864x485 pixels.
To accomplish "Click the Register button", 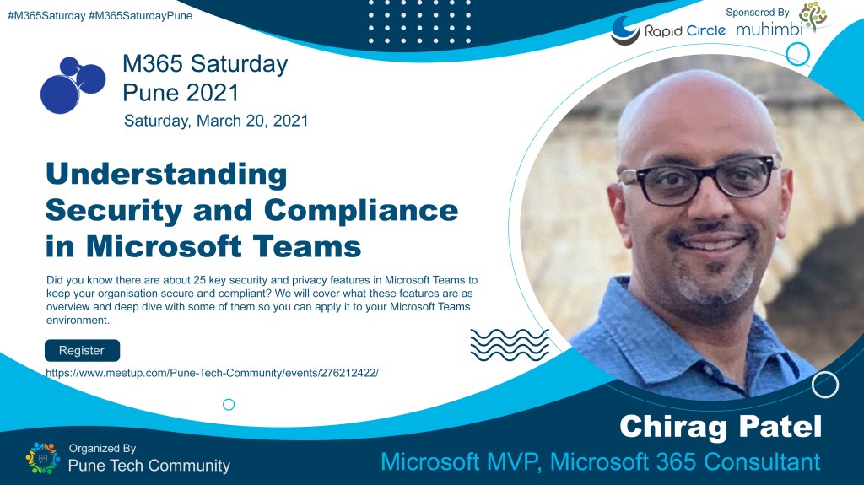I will click(82, 350).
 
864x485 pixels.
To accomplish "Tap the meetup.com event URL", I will click(212, 371).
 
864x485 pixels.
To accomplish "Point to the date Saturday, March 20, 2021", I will click(216, 120).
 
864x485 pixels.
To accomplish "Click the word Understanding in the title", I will click(166, 175).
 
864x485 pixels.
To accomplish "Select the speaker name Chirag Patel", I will click(720, 426).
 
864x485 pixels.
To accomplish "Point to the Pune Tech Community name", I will click(149, 465).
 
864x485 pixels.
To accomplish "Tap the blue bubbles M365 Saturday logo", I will click(72, 84).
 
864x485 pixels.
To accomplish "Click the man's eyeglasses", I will click(695, 176).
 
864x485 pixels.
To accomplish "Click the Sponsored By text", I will click(758, 12).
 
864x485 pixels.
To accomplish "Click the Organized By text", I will click(102, 449).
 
